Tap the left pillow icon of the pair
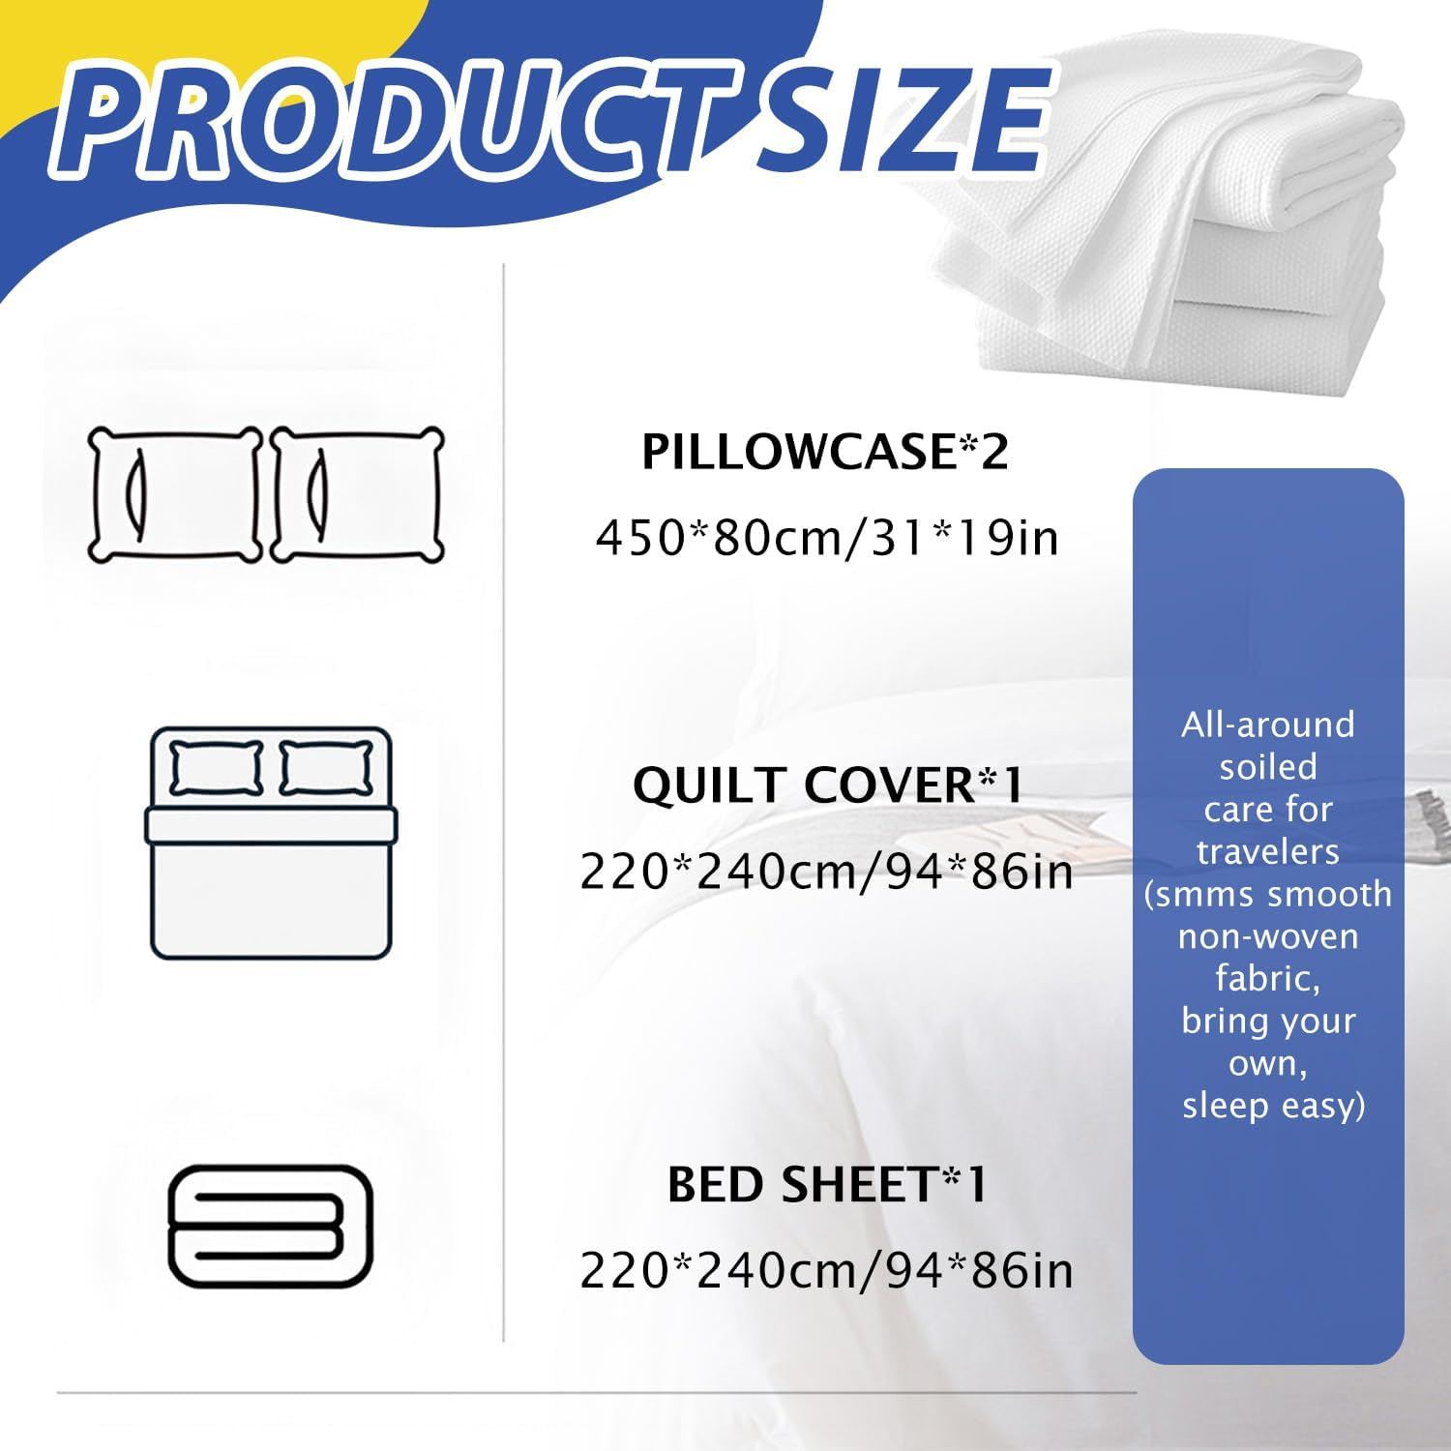175,494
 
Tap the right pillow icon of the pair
357,494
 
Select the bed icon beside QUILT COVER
271,843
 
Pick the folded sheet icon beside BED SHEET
271,1226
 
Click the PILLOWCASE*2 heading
825,452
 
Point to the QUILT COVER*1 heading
827,785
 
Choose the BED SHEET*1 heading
827,1185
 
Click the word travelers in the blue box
1268,852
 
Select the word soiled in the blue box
1268,767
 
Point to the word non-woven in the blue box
1268,936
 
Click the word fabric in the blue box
1268,979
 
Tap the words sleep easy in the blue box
1273,1106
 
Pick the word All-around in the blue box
1268,725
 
